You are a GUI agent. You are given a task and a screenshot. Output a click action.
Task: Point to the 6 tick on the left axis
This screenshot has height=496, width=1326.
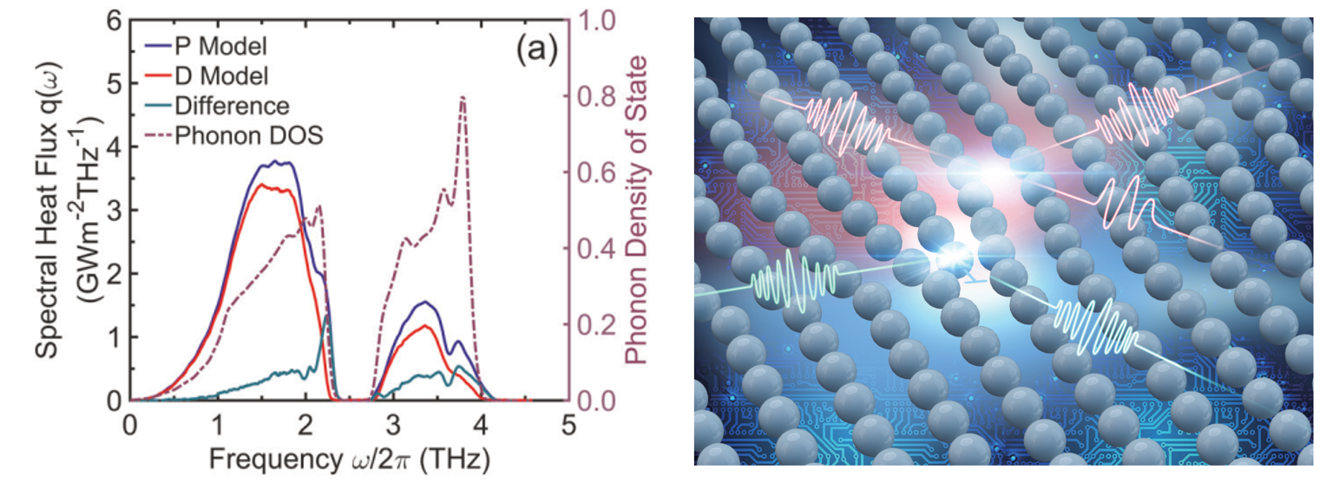pos(113,21)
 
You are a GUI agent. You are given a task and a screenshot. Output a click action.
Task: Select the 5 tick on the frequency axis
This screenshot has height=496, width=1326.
pos(568,426)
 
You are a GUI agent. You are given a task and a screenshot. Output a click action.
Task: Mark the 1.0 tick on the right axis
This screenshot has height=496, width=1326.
pos(596,21)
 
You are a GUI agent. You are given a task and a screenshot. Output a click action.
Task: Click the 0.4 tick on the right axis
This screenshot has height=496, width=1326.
pos(596,249)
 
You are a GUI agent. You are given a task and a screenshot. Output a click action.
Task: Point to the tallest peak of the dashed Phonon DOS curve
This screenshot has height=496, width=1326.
pos(463,97)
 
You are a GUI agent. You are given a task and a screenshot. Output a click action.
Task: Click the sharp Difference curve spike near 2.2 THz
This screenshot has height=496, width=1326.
pos(326,316)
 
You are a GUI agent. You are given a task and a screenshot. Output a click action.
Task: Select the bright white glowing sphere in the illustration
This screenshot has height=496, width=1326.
pos(951,258)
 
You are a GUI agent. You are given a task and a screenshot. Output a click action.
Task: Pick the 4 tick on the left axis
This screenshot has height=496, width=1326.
pos(113,147)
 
